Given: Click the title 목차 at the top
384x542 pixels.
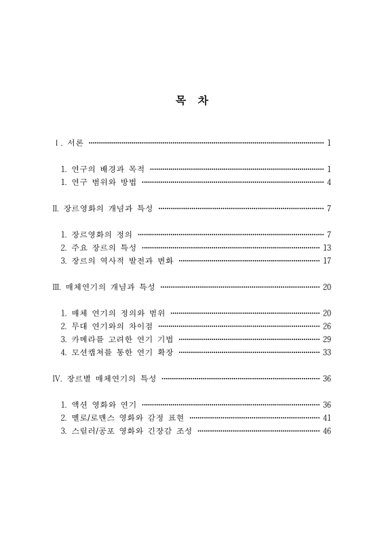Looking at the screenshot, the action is pyautogui.click(x=192, y=102).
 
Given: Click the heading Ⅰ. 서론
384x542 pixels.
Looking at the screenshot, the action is pyautogui.click(x=70, y=143).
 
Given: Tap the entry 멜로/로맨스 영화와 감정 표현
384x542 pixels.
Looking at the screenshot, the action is pyautogui.click(x=127, y=417).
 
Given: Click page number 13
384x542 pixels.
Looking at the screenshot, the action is pyautogui.click(x=327, y=247).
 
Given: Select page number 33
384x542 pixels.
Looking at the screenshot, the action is pyautogui.click(x=327, y=352).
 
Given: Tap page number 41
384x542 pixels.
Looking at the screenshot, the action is pyautogui.click(x=327, y=417).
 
